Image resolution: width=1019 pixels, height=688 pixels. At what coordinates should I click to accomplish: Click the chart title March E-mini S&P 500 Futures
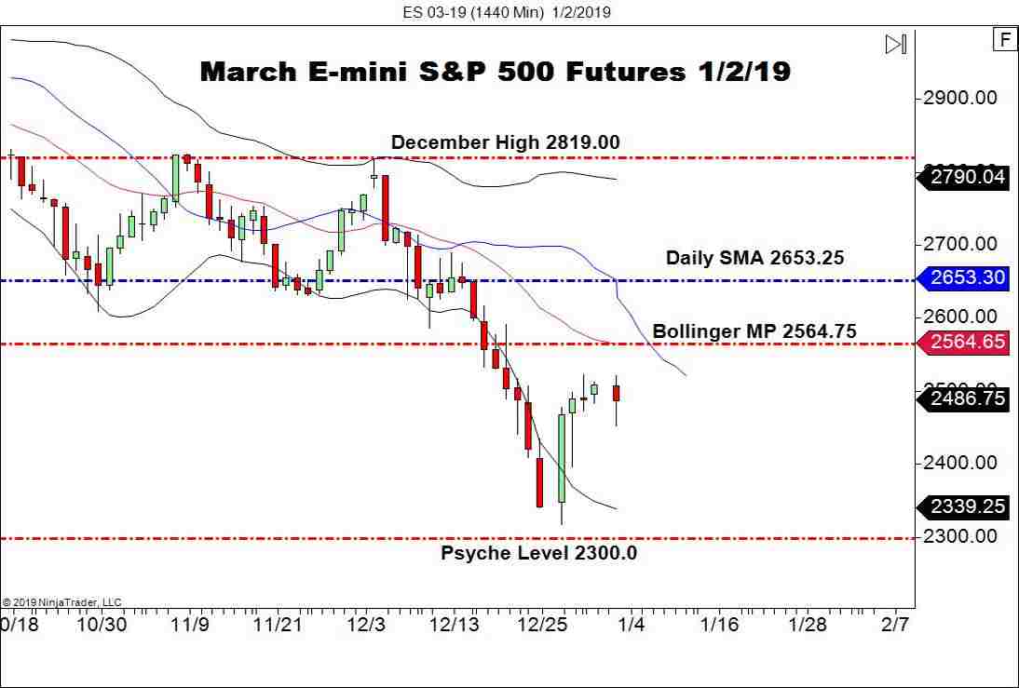495,73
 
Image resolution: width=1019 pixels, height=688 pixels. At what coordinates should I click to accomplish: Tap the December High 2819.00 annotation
505,142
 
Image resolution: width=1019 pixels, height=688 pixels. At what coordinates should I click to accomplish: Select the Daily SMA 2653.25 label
754,258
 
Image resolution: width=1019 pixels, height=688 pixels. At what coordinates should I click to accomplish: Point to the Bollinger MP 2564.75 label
754,331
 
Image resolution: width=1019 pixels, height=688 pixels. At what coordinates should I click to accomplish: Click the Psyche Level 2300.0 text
538,553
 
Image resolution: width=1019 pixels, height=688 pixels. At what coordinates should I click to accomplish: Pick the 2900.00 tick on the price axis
959,98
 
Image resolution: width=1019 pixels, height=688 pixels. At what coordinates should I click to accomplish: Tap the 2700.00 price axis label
959,244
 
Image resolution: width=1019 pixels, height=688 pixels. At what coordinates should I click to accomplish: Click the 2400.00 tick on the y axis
959,463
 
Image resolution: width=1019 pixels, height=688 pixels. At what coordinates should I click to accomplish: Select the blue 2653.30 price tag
965,277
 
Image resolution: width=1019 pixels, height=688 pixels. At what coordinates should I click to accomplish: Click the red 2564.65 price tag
965,343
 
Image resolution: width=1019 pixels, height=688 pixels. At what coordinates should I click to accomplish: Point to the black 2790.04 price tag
965,177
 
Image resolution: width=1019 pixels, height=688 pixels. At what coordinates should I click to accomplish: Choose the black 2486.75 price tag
965,399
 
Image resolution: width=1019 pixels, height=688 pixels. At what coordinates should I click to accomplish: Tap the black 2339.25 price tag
965,506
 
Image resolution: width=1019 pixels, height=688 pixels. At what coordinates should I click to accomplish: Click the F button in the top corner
1004,39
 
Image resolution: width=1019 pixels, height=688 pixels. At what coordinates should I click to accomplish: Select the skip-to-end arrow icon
895,44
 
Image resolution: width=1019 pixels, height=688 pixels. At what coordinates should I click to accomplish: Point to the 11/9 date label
190,624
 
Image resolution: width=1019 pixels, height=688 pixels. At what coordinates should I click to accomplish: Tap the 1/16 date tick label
719,624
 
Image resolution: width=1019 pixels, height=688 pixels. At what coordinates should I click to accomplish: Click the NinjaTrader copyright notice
61,602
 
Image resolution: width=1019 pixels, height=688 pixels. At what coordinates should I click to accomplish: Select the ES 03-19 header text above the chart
507,12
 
